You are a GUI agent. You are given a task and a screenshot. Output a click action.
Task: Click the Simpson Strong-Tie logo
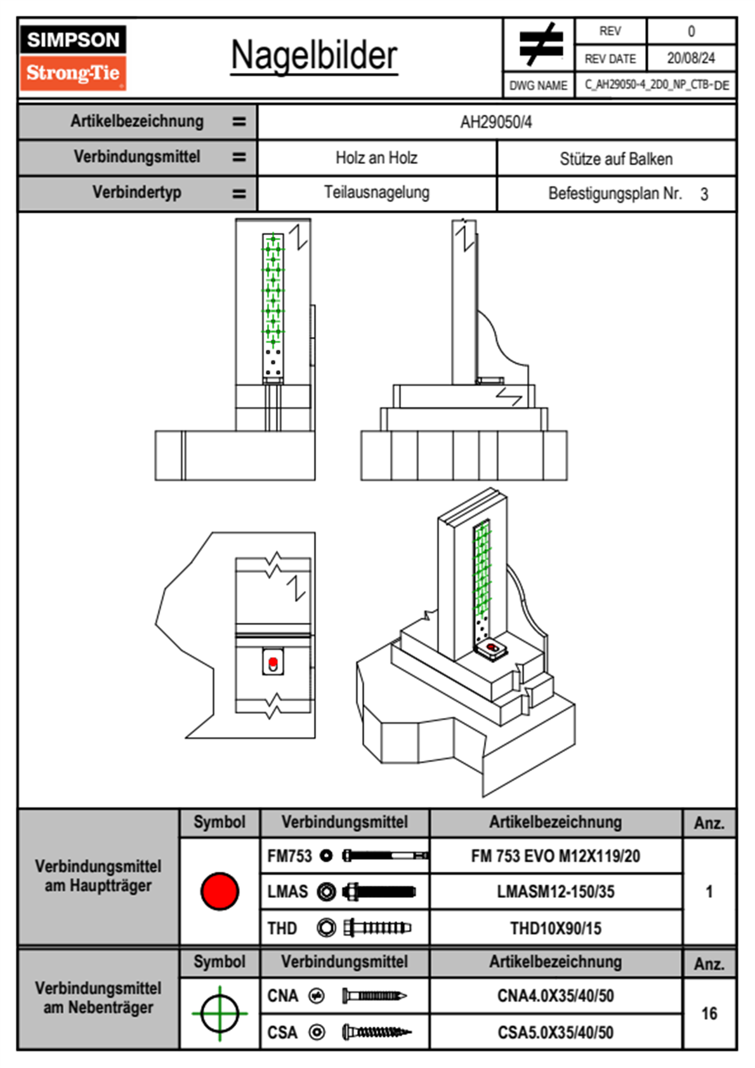(x=73, y=58)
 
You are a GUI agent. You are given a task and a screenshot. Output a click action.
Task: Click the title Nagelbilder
(x=314, y=55)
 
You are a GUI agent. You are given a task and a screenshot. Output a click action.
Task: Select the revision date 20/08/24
(x=690, y=58)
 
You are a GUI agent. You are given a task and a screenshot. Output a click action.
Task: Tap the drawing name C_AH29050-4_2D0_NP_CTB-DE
(x=656, y=85)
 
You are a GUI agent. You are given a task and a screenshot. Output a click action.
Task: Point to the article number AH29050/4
(x=496, y=123)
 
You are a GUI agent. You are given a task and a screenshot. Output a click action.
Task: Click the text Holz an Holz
(x=376, y=158)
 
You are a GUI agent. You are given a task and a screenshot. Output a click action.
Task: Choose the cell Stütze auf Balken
(x=615, y=159)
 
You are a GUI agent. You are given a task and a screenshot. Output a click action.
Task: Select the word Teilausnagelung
(x=376, y=193)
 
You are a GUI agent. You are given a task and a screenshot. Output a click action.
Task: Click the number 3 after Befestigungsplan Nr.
(x=704, y=194)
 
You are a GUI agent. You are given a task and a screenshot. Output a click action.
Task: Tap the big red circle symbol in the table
(x=220, y=891)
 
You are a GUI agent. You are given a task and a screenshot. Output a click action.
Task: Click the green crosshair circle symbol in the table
(x=220, y=1013)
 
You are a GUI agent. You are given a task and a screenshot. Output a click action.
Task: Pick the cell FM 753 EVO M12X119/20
(x=555, y=857)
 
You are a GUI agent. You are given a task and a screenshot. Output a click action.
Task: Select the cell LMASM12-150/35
(x=555, y=892)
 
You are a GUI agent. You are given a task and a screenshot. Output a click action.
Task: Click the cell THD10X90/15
(x=555, y=928)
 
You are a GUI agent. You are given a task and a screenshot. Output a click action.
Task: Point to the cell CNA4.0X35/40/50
(x=555, y=996)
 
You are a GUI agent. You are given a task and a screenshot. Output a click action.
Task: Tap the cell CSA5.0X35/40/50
(x=555, y=1032)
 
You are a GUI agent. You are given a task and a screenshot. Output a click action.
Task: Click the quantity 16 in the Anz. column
(x=709, y=1013)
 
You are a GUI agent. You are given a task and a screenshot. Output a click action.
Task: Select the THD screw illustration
(x=377, y=928)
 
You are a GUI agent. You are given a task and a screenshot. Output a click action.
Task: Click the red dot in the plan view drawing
(x=273, y=662)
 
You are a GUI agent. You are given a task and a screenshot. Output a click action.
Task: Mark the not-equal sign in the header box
(x=540, y=44)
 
